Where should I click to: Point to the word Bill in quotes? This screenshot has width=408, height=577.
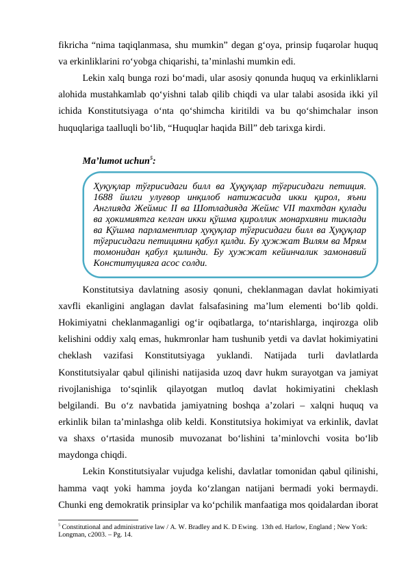tap(242, 127)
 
